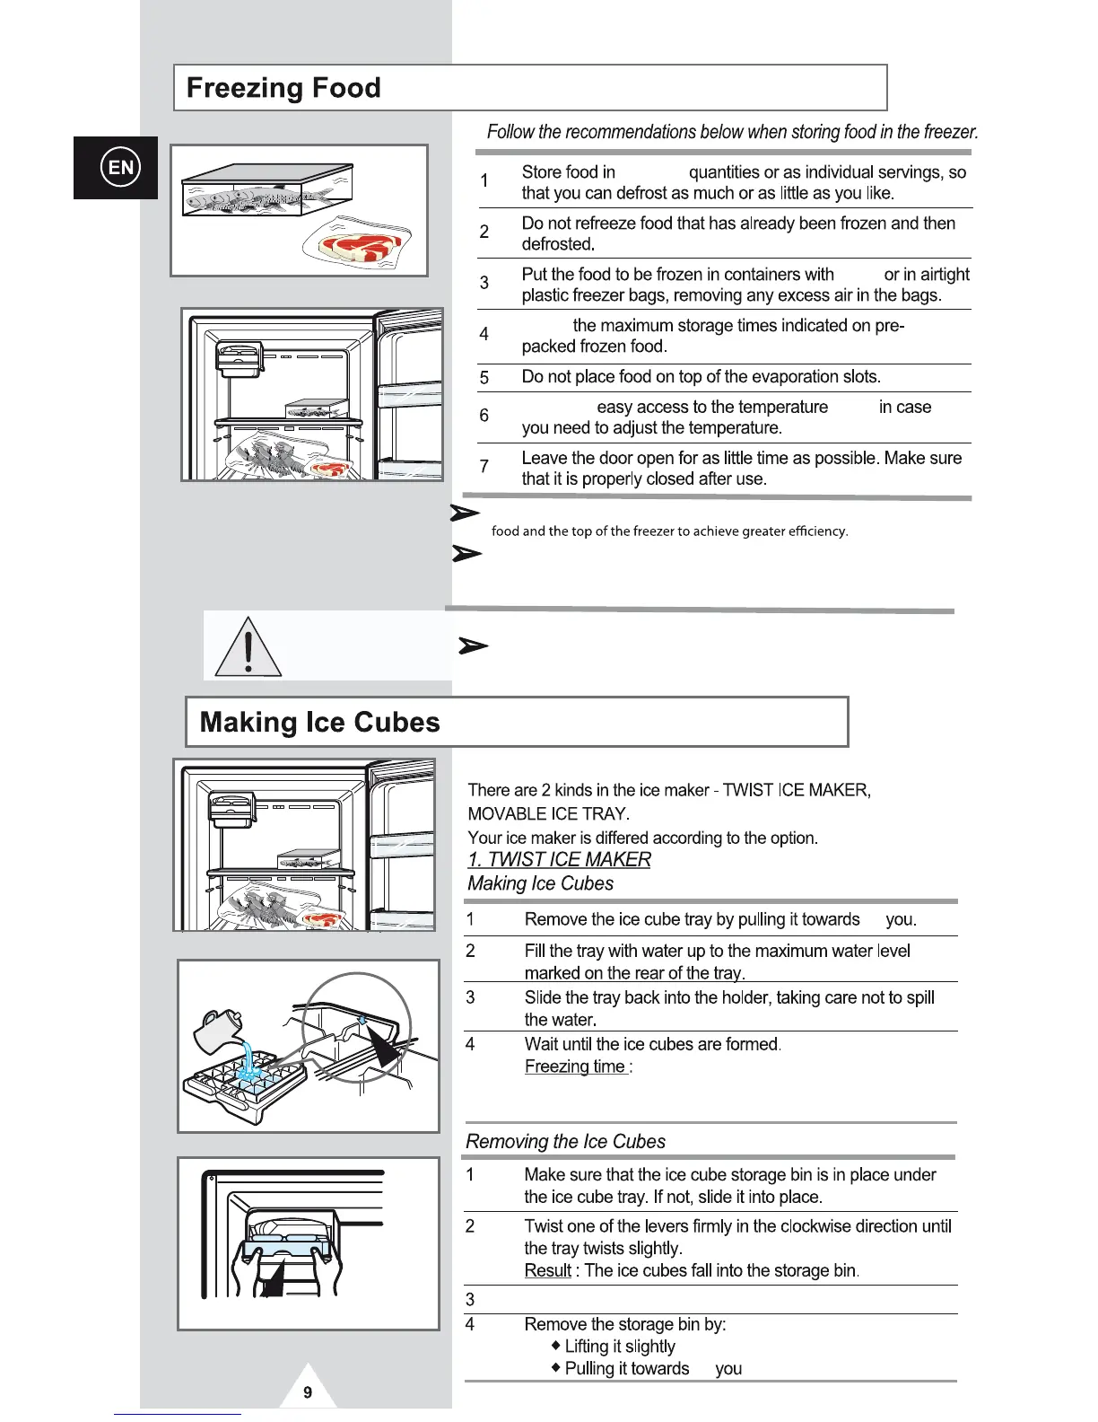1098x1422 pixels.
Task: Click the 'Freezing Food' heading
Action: point(283,88)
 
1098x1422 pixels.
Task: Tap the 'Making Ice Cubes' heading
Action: point(319,723)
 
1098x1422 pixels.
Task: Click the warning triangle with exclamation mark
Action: point(248,648)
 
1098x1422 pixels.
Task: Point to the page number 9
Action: point(308,1392)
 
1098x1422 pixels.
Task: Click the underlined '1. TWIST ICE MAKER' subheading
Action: point(559,859)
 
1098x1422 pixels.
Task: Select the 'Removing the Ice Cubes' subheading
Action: point(565,1141)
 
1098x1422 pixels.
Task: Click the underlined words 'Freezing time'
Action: point(575,1066)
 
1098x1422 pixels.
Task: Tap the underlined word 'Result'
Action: point(547,1270)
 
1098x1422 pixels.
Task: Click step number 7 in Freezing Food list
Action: point(484,466)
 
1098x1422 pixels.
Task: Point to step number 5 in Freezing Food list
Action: point(484,378)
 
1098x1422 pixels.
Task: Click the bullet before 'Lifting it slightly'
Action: point(556,1345)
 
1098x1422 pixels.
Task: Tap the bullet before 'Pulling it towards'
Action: point(556,1367)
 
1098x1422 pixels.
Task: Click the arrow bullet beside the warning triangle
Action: point(473,645)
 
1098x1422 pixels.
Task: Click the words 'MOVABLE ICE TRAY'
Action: point(548,813)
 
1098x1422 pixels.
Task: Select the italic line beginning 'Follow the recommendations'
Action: point(732,132)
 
